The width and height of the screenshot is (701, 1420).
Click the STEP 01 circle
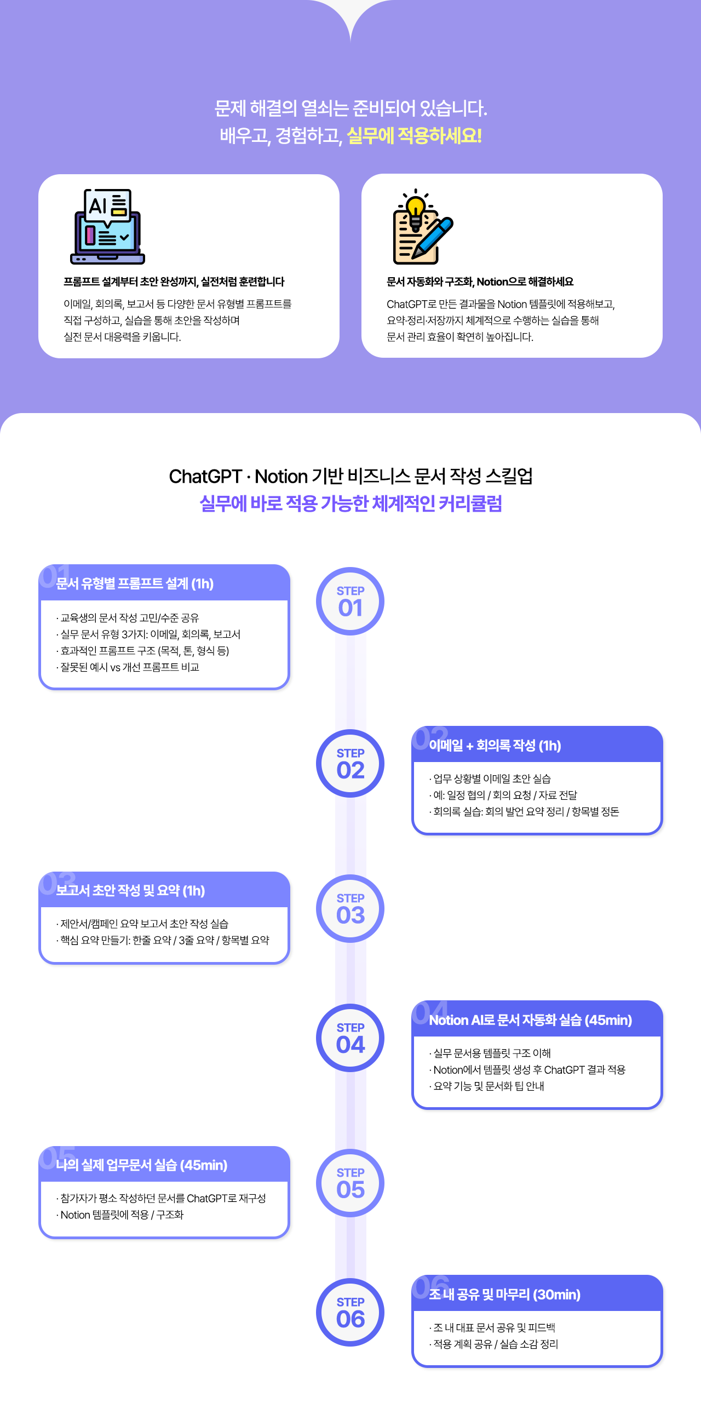tap(350, 601)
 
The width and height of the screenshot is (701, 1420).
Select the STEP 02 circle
tap(350, 763)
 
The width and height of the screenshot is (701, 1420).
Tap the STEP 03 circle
tap(350, 908)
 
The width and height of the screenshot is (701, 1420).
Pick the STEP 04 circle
tap(350, 1038)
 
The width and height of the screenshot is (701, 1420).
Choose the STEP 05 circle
tap(350, 1182)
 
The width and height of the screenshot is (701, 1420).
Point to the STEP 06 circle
tap(350, 1312)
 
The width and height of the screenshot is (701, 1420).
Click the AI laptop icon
tap(107, 227)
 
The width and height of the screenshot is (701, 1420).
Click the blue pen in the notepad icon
tap(432, 238)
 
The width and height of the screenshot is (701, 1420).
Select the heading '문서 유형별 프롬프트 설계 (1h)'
tap(135, 584)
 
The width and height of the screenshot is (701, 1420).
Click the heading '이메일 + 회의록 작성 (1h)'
tap(495, 746)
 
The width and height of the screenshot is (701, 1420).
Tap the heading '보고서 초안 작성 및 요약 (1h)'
tap(130, 891)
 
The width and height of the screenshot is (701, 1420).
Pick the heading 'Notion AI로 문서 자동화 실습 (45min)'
tap(530, 1020)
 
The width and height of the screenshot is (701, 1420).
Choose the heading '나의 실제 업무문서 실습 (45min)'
tap(142, 1165)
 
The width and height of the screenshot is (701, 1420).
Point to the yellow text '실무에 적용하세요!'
tap(415, 136)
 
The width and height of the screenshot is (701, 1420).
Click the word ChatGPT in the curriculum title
tap(205, 476)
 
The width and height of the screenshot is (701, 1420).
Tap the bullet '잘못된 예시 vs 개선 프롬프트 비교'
tap(129, 668)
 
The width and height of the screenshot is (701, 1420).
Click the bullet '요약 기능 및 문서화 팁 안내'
tap(489, 1086)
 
